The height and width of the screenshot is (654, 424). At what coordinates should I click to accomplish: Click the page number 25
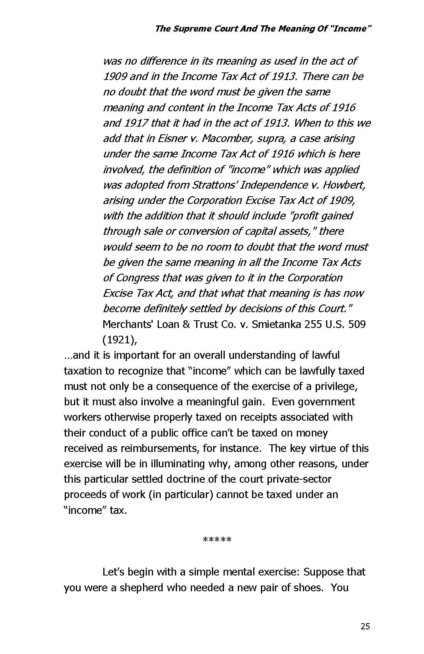tap(365, 626)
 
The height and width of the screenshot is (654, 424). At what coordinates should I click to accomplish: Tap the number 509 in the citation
tap(357, 324)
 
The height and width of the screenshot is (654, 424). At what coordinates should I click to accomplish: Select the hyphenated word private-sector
tap(293, 479)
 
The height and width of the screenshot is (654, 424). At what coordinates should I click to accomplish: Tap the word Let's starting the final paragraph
tap(113, 572)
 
